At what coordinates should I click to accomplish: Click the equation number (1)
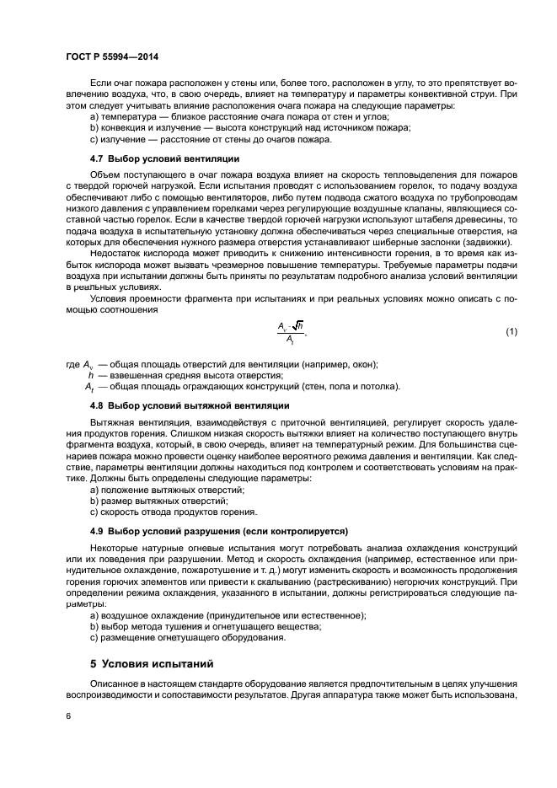click(511, 332)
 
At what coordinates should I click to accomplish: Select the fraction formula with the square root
click(290, 332)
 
